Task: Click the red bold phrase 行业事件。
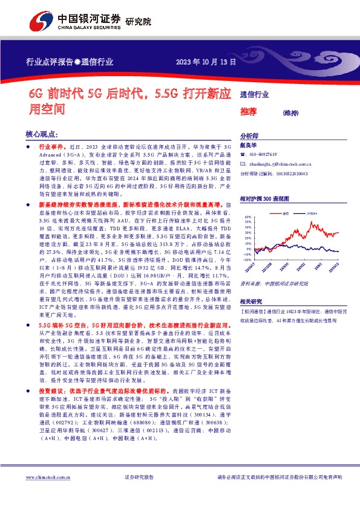point(52,148)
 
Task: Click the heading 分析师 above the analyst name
point(249,137)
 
